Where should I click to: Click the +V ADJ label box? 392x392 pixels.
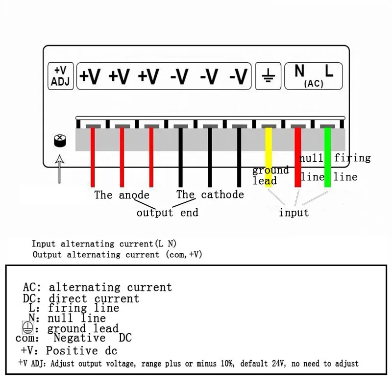(x=61, y=76)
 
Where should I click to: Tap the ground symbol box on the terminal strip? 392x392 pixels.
(x=268, y=76)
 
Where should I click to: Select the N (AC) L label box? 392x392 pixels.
(x=314, y=76)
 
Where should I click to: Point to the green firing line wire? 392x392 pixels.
(x=327, y=157)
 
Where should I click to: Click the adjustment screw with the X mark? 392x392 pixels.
(x=59, y=141)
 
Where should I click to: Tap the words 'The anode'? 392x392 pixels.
(x=122, y=195)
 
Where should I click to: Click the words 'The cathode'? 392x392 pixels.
(x=210, y=195)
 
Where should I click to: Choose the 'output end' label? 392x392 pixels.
(x=167, y=213)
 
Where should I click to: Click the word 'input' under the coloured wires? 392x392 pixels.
(x=294, y=213)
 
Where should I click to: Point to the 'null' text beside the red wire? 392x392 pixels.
(x=312, y=158)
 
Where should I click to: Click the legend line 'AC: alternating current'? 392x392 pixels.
(x=98, y=288)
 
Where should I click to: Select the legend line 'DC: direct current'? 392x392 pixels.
(x=81, y=298)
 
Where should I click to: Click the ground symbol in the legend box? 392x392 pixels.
(x=27, y=328)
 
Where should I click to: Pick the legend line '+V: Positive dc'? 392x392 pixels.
(x=69, y=351)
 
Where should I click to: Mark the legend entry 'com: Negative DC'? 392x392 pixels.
(x=73, y=338)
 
